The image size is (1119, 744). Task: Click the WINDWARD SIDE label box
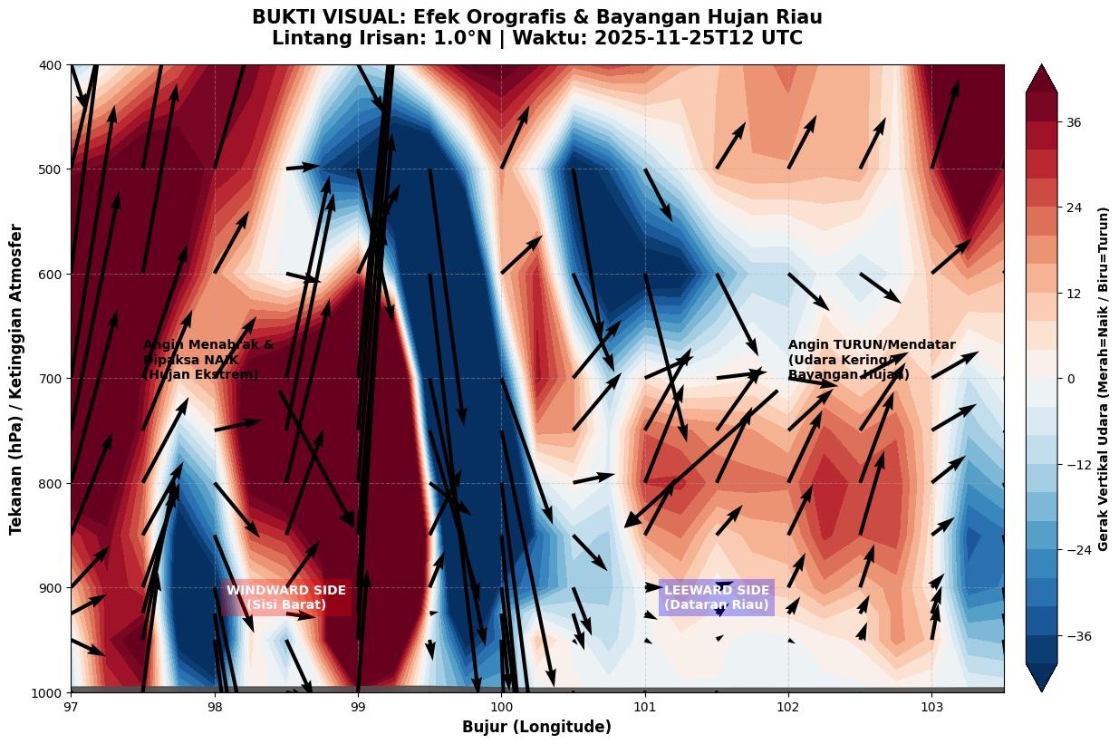pos(285,597)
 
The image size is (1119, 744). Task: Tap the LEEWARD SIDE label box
pos(716,597)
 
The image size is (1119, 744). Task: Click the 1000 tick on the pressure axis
pos(46,692)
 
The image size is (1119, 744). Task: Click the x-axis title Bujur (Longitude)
pos(536,727)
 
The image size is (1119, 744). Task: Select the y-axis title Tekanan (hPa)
pos(16,379)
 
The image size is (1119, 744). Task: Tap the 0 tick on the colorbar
pos(1070,379)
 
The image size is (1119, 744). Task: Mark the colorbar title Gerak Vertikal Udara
pos(1103,379)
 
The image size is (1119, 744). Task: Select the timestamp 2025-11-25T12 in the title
pos(667,39)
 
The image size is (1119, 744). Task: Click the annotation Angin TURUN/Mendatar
pos(871,345)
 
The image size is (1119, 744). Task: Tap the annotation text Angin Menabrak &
pos(207,345)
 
